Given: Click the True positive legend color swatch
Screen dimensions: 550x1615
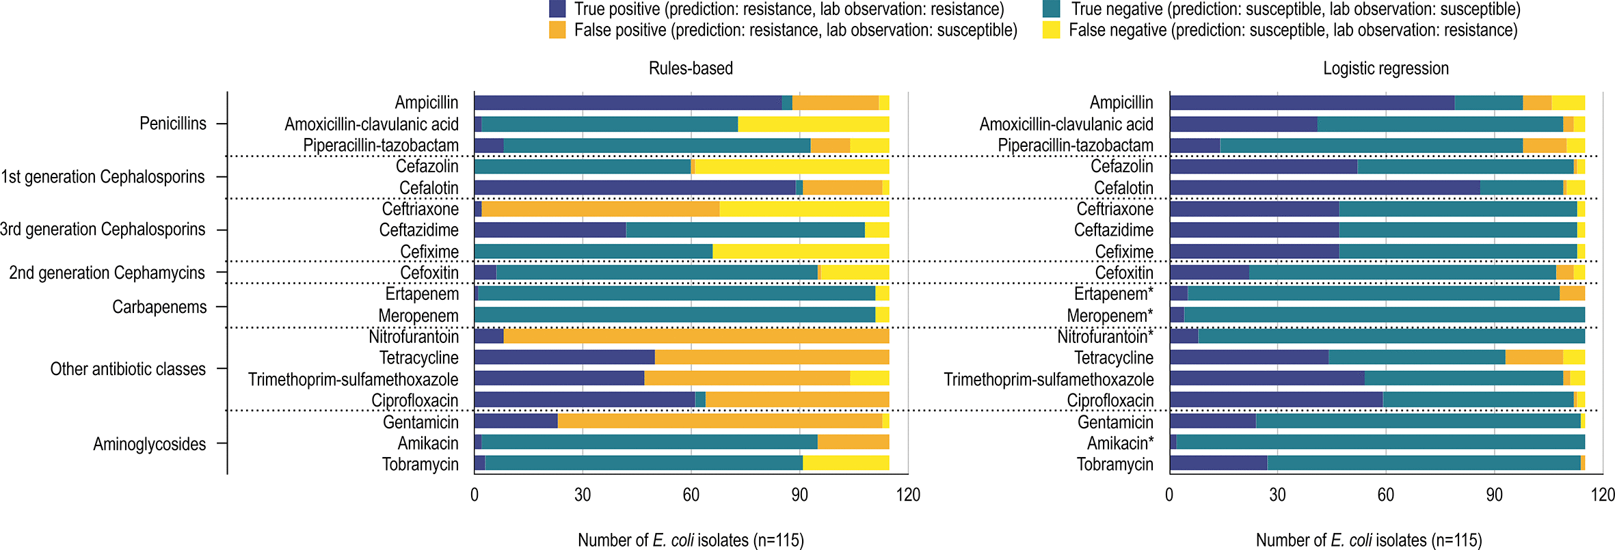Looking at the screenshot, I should click(557, 9).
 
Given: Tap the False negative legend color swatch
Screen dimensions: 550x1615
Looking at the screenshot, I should click(1051, 30).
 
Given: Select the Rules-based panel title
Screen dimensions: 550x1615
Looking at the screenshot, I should click(691, 68).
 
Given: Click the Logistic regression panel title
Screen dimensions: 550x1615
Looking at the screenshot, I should click(1385, 68).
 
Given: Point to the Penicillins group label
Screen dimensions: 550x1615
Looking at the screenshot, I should click(172, 124).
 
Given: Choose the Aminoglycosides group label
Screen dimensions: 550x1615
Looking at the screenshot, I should click(149, 444).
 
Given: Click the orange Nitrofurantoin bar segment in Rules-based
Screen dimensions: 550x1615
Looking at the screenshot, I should click(696, 336).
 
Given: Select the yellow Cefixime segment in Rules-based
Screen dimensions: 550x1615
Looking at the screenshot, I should click(800, 251).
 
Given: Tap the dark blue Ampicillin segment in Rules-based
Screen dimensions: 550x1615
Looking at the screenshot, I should click(628, 102).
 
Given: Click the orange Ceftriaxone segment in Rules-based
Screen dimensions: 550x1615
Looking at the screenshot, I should click(600, 209).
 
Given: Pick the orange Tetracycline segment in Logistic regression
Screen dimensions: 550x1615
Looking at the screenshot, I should click(1534, 357).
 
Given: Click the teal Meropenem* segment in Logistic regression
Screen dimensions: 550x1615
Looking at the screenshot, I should click(1384, 315).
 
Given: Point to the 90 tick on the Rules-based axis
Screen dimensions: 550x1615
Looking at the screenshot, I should click(799, 495).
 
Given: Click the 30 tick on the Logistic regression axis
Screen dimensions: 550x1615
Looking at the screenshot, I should click(1277, 495).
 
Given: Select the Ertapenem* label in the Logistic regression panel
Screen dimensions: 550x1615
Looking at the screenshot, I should click(1113, 294).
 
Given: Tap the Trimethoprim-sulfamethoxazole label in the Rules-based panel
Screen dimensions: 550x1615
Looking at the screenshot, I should click(353, 379).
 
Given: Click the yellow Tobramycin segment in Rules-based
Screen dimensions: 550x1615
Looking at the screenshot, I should click(846, 463).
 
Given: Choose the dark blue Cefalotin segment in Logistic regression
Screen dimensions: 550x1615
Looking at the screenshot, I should click(1324, 187).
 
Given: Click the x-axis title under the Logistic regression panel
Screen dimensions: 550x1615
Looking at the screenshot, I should click(1369, 540).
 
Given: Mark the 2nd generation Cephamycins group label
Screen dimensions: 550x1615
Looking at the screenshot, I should click(107, 273).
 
